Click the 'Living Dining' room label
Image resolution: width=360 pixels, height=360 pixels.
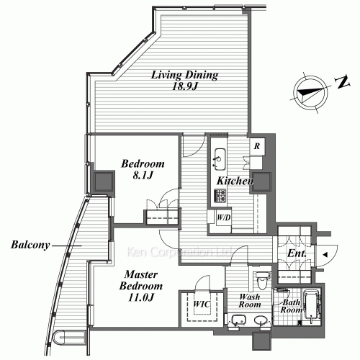184,74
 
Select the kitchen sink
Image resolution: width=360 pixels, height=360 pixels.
220,156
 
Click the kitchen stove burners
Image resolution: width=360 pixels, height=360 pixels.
220,194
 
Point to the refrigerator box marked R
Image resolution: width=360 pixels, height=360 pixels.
256,146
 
